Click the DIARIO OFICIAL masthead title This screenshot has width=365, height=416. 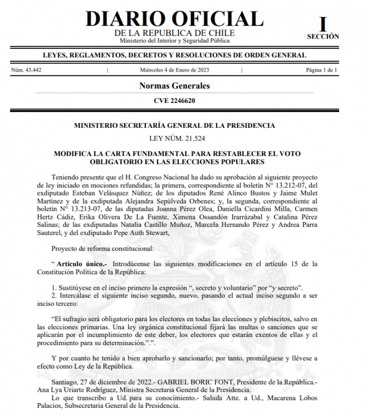[x=174, y=18]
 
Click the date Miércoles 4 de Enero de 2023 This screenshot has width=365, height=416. [x=174, y=70]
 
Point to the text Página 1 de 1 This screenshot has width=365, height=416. [x=322, y=70]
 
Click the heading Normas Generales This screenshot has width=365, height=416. [x=174, y=86]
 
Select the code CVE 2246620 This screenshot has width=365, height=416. [x=174, y=100]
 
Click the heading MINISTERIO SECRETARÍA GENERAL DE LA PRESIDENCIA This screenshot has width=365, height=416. [x=174, y=126]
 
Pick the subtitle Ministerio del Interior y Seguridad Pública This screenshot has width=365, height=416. [x=174, y=41]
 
